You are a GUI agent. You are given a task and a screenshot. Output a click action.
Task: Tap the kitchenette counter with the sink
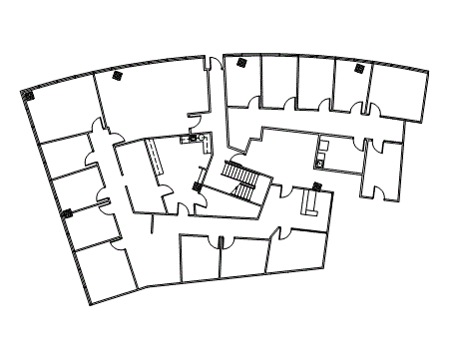(322, 154)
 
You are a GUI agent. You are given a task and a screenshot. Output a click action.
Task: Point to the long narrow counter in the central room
(156, 160)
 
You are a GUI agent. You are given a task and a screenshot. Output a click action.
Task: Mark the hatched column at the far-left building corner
(27, 96)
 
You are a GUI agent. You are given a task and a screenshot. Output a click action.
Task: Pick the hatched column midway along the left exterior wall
(68, 212)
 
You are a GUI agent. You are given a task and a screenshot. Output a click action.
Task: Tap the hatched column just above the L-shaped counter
(316, 185)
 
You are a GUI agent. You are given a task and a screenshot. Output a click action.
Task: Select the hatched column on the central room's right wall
(196, 186)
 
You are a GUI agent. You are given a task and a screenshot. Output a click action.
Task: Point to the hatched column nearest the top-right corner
(357, 69)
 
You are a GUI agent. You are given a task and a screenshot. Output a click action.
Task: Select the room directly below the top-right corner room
(383, 166)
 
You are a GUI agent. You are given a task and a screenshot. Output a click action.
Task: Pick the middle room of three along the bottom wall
(242, 257)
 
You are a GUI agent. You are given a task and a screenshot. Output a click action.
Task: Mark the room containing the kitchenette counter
(333, 154)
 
